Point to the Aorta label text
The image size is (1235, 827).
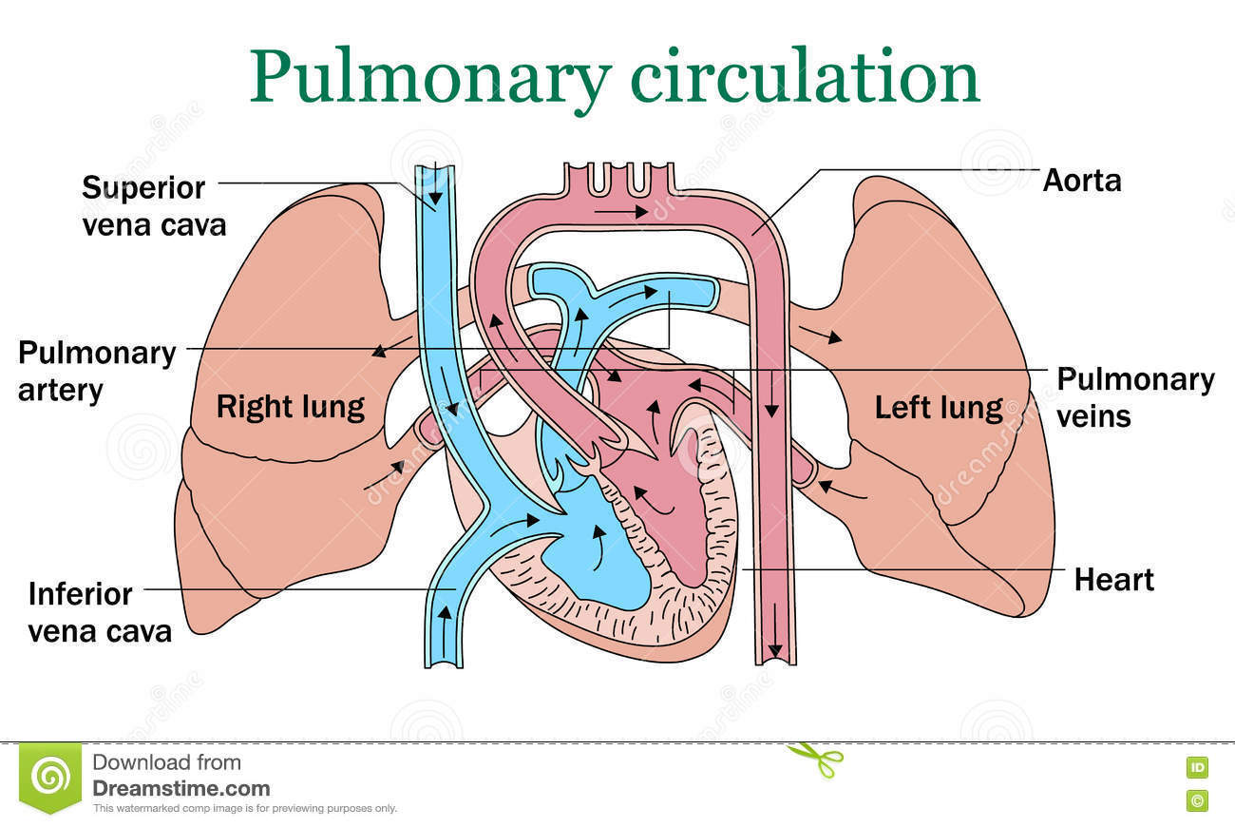(1081, 181)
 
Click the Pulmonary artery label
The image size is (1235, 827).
(97, 371)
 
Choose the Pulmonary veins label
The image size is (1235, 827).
(1134, 396)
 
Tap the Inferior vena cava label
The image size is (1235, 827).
(99, 612)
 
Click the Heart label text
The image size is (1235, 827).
(1113, 579)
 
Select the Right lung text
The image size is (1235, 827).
(290, 407)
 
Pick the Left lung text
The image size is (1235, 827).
(938, 408)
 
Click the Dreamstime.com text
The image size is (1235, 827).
(180, 788)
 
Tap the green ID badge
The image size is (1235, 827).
(1196, 767)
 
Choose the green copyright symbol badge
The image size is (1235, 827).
(1196, 800)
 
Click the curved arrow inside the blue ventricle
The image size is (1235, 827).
(598, 547)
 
